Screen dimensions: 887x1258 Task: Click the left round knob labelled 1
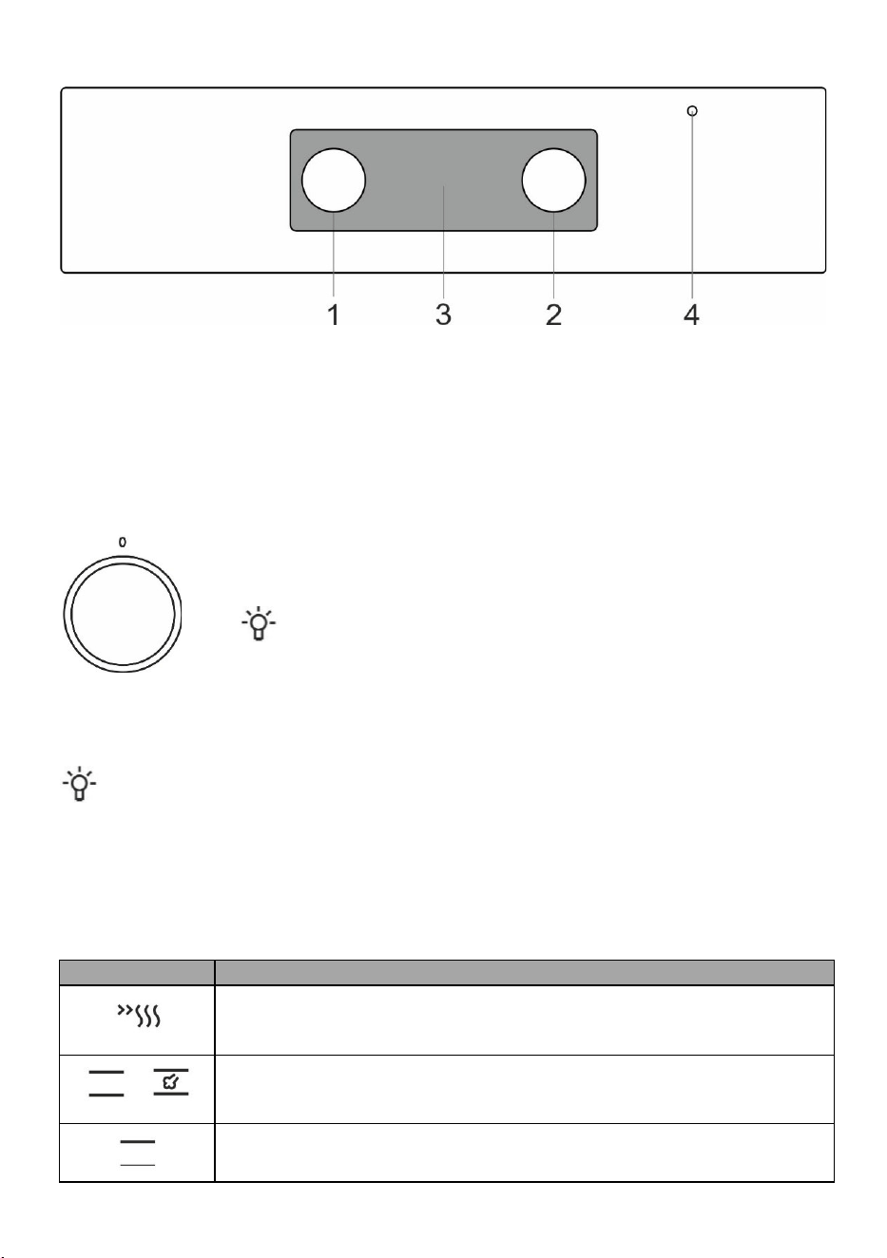click(x=334, y=181)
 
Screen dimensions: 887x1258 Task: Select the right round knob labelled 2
click(x=553, y=181)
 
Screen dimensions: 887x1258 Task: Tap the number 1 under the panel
click(x=334, y=314)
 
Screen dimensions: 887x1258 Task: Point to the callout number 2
click(x=553, y=314)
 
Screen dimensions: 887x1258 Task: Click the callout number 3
click(x=443, y=314)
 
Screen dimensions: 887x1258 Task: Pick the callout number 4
click(x=691, y=314)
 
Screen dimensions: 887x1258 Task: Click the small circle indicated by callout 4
click(x=692, y=110)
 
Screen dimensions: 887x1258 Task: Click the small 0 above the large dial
click(x=123, y=542)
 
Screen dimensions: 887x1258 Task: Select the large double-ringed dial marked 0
click(x=123, y=614)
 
